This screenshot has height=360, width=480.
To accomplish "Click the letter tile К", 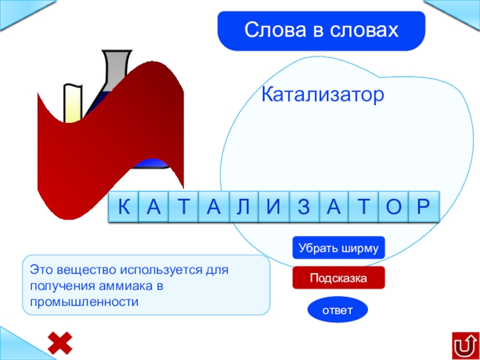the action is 124,208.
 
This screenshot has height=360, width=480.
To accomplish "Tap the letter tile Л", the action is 244,208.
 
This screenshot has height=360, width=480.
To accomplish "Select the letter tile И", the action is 274,208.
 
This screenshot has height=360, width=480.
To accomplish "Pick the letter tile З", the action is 304,208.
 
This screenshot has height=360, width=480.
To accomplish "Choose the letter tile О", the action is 394,208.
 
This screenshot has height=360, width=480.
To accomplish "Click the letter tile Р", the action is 424,208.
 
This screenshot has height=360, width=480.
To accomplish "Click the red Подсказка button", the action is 338,278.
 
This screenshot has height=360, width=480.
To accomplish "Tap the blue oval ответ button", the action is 337,310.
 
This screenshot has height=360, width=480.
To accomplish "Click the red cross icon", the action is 60,343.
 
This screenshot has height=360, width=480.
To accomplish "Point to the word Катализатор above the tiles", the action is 323,95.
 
